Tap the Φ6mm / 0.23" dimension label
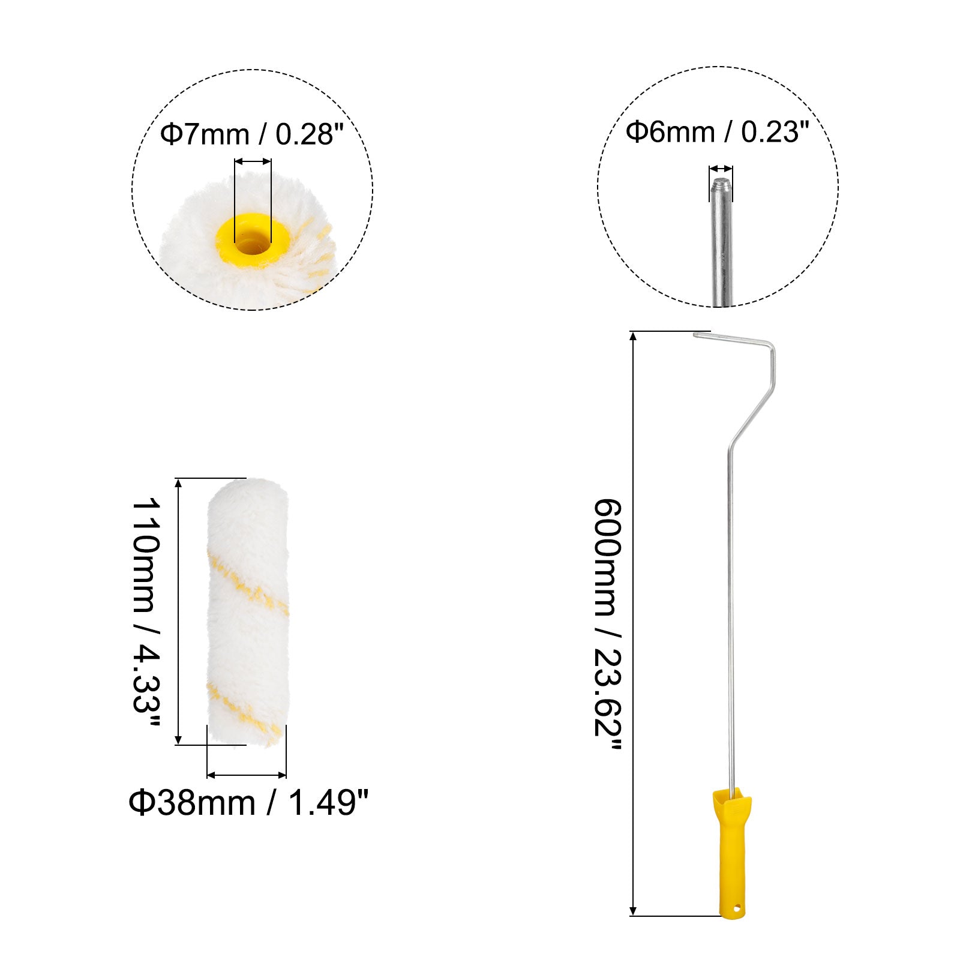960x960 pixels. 718,131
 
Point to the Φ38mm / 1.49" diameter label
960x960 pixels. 248,802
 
